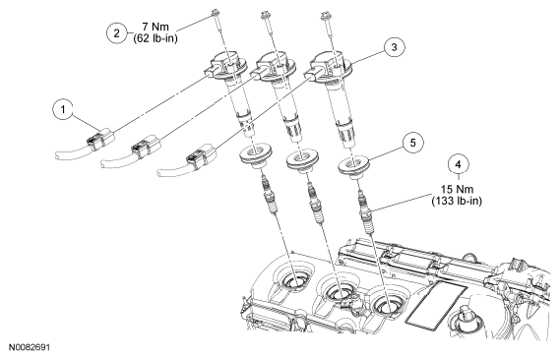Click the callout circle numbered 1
click(x=63, y=109)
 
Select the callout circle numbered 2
click(x=117, y=33)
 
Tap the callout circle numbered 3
click(x=395, y=47)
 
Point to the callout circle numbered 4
click(x=459, y=164)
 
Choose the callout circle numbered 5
click(x=412, y=143)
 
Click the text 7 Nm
click(x=156, y=27)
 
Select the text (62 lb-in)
click(x=156, y=38)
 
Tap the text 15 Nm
click(x=457, y=189)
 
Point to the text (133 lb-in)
click(x=457, y=201)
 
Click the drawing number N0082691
click(x=30, y=347)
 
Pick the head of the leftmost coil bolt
click(x=216, y=13)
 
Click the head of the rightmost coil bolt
click(x=325, y=15)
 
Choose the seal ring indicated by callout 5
click(x=353, y=166)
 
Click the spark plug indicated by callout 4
click(x=367, y=211)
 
